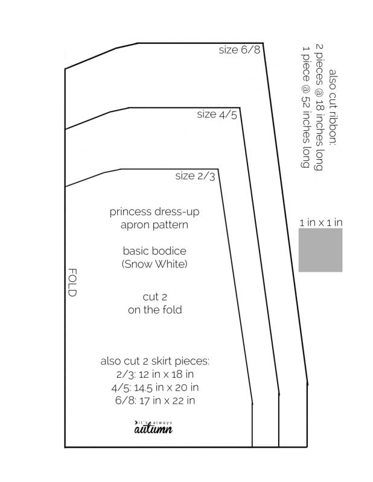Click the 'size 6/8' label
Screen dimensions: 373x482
click(x=240, y=50)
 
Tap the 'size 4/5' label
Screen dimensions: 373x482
click(x=217, y=114)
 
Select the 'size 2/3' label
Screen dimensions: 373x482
click(x=196, y=176)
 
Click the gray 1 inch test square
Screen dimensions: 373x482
click(x=320, y=250)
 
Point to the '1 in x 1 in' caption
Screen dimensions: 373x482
click(x=321, y=222)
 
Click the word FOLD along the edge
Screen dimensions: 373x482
click(x=72, y=282)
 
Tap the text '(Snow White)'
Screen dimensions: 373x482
click(x=155, y=264)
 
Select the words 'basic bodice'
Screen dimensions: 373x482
click(x=155, y=251)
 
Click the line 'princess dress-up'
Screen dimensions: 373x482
click(x=155, y=212)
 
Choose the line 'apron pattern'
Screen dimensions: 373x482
click(x=155, y=225)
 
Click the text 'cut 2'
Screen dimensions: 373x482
click(x=155, y=297)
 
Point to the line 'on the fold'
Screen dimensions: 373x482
click(x=155, y=310)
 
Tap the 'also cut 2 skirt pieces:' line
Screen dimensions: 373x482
click(x=155, y=361)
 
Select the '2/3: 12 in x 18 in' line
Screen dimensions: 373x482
click(x=155, y=374)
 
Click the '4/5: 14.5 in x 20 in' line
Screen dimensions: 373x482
click(x=155, y=387)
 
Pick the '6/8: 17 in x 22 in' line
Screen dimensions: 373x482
click(x=155, y=401)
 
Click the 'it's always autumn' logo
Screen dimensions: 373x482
click(x=153, y=427)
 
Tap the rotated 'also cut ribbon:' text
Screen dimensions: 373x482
click(x=333, y=107)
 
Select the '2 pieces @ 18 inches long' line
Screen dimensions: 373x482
click(x=319, y=107)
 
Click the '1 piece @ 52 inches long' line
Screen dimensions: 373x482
click(x=305, y=107)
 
